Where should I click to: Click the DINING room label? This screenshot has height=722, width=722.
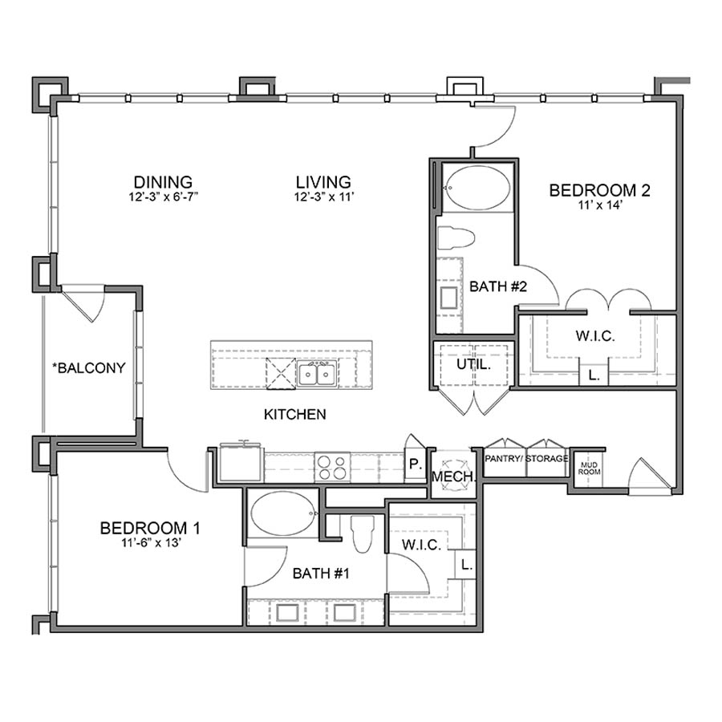pyautogui.click(x=163, y=181)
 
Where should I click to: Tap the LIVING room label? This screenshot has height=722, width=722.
pyautogui.click(x=322, y=181)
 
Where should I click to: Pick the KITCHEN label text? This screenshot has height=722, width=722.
pyautogui.click(x=295, y=415)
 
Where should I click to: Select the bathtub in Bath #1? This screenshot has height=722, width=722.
pyautogui.click(x=283, y=513)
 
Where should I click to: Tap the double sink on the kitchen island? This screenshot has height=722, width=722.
pyautogui.click(x=317, y=373)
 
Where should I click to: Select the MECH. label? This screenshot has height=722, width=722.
pyautogui.click(x=454, y=477)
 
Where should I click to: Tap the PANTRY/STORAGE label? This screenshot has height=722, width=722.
pyautogui.click(x=527, y=459)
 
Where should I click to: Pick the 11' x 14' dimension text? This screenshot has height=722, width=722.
pyautogui.click(x=598, y=206)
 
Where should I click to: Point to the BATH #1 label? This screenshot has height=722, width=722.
pyautogui.click(x=320, y=574)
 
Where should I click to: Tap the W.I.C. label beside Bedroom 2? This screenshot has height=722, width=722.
pyautogui.click(x=594, y=337)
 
